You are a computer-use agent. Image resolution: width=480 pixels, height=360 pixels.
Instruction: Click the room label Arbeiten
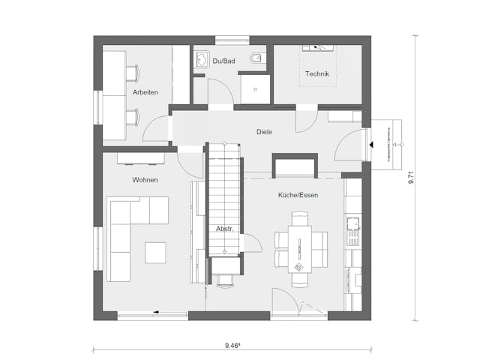click(x=145, y=92)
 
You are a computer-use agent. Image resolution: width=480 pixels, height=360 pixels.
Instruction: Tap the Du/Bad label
click(x=224, y=60)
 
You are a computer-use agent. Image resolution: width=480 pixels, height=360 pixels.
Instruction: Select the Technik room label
click(x=317, y=73)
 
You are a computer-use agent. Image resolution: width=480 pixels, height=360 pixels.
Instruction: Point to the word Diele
click(x=263, y=132)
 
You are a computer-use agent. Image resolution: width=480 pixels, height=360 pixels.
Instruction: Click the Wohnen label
click(x=145, y=180)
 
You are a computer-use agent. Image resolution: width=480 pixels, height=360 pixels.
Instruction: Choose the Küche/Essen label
click(x=298, y=195)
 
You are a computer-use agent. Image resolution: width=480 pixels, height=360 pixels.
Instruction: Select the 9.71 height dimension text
click(x=412, y=178)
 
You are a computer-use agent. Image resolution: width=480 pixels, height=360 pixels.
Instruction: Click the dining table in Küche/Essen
click(x=301, y=250)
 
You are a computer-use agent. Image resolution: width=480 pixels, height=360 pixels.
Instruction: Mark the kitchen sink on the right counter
click(x=352, y=223)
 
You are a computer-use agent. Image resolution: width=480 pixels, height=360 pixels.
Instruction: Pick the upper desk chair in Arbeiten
click(x=133, y=73)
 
